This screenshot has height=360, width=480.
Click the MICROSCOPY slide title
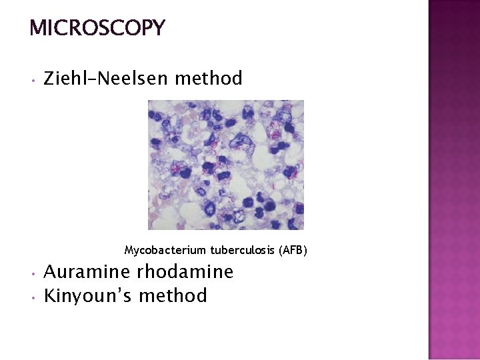click(97, 28)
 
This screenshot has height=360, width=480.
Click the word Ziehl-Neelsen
click(106, 79)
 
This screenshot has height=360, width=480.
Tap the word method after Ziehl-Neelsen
click(208, 79)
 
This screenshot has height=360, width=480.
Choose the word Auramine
click(87, 272)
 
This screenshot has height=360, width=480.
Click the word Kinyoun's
click(87, 295)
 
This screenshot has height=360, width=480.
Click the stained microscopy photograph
click(225, 165)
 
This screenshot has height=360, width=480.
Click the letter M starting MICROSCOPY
click(38, 28)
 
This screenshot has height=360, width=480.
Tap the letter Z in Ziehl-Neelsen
click(49, 79)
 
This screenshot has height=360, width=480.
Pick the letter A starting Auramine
click(51, 272)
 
